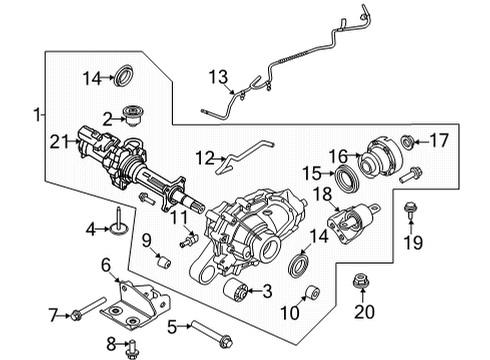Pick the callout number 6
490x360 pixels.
coord(105,264)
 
